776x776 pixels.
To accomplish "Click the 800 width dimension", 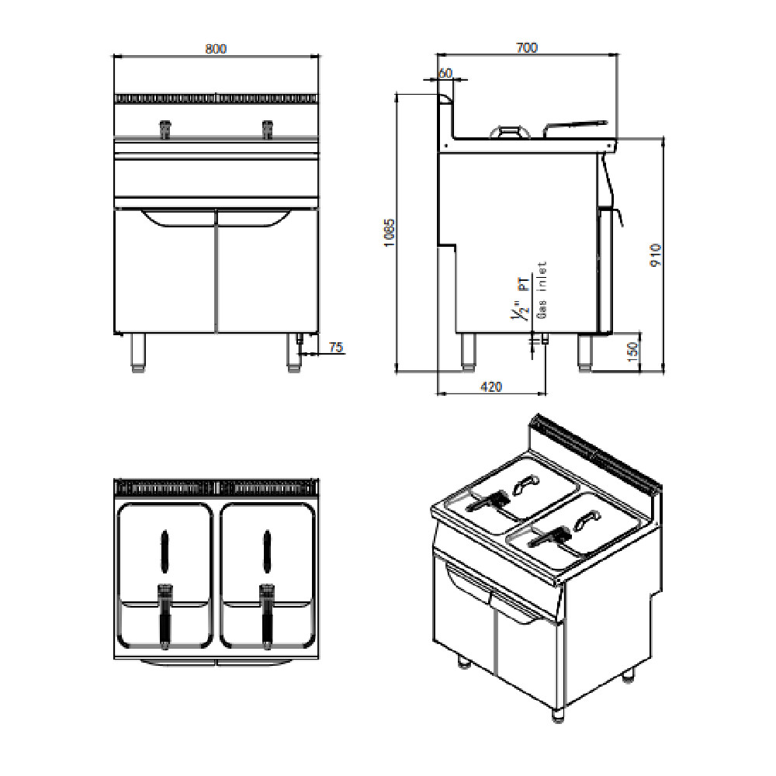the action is tap(216, 49).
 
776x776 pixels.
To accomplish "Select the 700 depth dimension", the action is tap(527, 47).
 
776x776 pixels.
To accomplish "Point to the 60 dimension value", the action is tap(445, 73).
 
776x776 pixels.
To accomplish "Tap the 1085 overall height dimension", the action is tap(390, 233).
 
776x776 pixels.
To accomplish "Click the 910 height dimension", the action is tap(656, 255).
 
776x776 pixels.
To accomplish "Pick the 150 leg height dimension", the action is tap(633, 352).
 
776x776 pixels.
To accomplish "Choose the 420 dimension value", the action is tap(491, 386).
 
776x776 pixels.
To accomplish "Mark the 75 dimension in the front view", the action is tap(335, 347).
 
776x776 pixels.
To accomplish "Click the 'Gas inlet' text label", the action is tap(542, 289).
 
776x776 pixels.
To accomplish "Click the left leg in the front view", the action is tap(138, 352).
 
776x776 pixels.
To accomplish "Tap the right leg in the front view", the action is tap(294, 352).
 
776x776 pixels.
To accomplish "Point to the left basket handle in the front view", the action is tap(165, 129).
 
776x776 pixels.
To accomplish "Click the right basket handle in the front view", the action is tap(267, 129).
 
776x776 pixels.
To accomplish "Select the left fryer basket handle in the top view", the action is tap(165, 616).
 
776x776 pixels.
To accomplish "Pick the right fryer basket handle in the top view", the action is tap(267, 616).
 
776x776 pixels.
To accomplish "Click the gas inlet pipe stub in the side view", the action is tap(545, 339).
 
